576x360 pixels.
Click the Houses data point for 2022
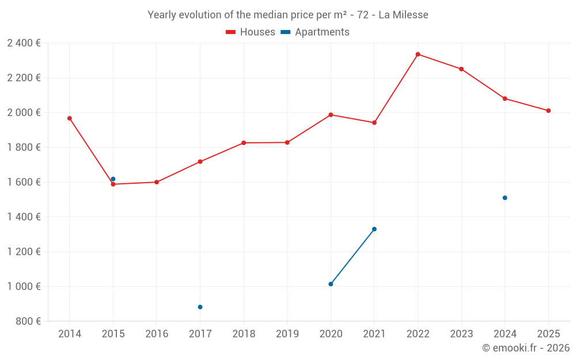coord(418,54)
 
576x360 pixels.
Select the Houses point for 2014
coord(70,118)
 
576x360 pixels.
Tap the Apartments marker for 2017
coord(200,307)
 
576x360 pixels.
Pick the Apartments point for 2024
coord(505,198)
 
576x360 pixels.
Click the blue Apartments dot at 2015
coord(113,179)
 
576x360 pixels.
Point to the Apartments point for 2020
coord(331,284)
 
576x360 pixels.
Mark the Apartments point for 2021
coord(374,229)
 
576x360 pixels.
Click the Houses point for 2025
coord(548,111)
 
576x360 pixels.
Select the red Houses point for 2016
coord(157,182)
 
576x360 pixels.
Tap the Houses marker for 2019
coord(287,142)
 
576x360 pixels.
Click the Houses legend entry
coord(251,32)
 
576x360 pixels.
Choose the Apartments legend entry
coord(315,32)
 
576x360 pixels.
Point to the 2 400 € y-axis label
coord(24,43)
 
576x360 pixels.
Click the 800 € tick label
coord(28,321)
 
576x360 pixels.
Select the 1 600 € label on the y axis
coord(24,182)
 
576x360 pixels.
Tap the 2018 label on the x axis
coord(244,334)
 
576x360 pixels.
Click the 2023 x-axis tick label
coord(461,334)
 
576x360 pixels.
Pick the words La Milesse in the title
coord(403,15)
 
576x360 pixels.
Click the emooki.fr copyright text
coord(526,348)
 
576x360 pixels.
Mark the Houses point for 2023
coord(461,69)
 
